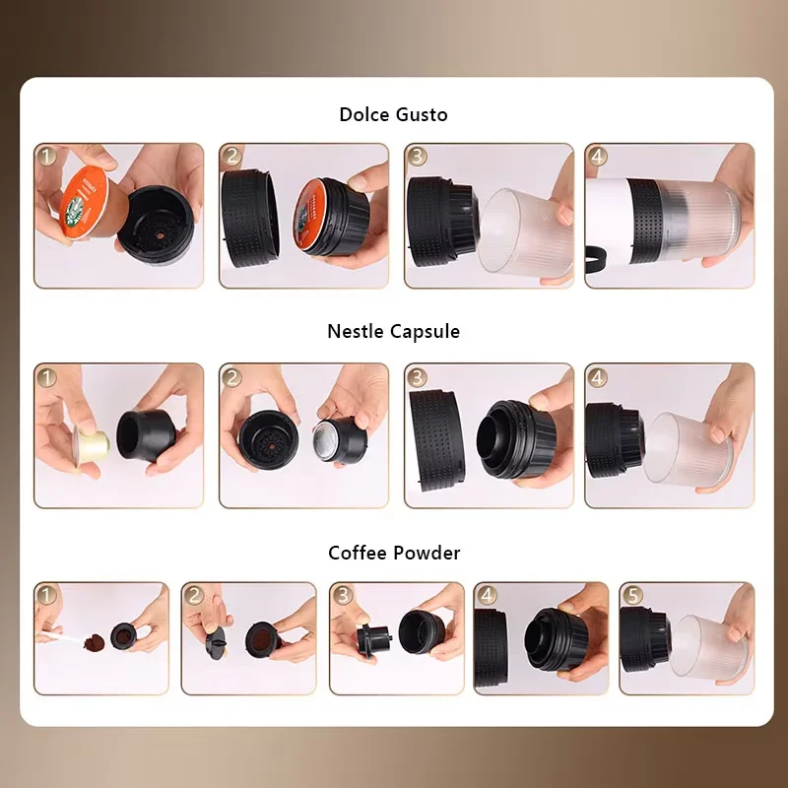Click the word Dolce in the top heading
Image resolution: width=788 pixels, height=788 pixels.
point(363,114)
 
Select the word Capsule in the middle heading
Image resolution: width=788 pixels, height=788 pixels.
point(425,332)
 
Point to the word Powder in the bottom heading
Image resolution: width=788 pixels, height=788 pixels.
point(427,553)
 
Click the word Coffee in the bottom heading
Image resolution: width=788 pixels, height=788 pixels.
point(358,553)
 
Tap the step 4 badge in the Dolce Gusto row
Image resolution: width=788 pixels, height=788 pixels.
point(597,157)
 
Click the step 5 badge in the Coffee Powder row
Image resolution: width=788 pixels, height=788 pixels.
point(632,596)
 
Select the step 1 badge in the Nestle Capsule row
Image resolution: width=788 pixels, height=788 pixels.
point(46,377)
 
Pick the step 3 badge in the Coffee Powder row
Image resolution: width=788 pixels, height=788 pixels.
point(343,596)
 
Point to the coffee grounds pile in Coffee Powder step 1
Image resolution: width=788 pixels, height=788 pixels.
point(94,642)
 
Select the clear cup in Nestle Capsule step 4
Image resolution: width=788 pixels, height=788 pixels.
point(687,449)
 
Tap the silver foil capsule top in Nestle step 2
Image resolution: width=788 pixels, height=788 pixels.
point(325,440)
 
